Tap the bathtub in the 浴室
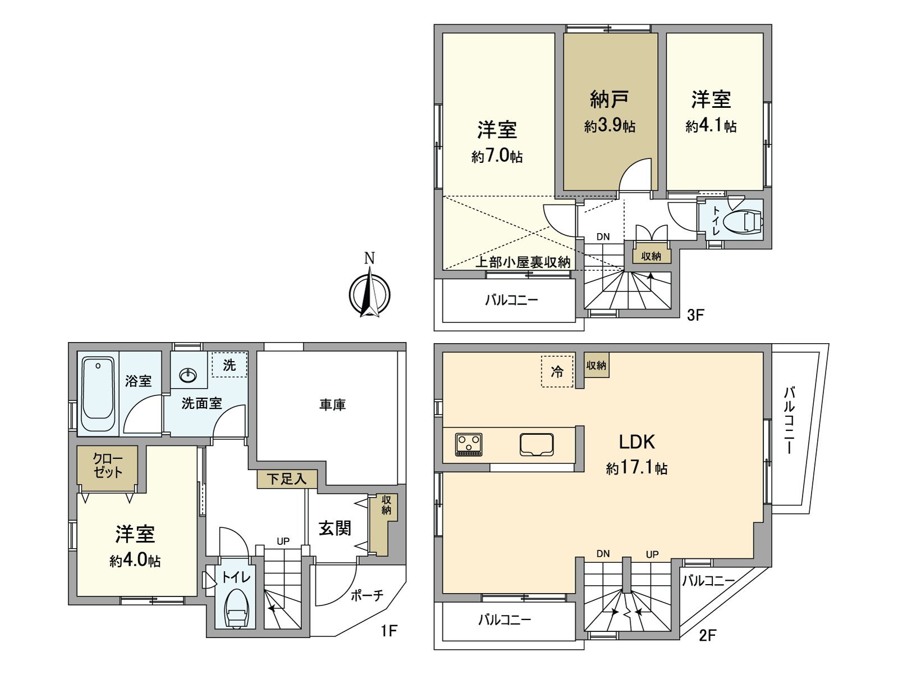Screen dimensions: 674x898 (x=98, y=393)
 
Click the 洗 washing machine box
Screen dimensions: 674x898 (x=230, y=365)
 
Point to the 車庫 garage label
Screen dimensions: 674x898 (x=332, y=404)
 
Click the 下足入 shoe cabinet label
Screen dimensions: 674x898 (x=287, y=479)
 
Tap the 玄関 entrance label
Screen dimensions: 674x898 (x=335, y=528)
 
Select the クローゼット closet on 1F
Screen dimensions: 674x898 (x=107, y=466)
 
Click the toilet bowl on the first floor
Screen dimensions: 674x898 (x=236, y=609)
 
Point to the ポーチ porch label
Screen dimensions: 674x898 (x=366, y=595)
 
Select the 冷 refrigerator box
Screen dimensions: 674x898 (x=557, y=371)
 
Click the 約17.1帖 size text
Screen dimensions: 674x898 (x=636, y=467)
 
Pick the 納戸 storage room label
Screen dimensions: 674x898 (x=609, y=99)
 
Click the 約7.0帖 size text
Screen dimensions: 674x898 (x=497, y=156)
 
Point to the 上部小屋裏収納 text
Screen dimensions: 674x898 (x=523, y=262)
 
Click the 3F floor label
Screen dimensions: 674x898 (x=695, y=315)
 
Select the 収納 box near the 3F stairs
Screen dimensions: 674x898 (x=651, y=256)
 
